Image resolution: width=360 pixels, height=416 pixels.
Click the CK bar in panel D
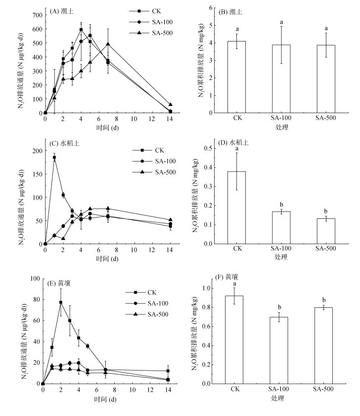[240, 208]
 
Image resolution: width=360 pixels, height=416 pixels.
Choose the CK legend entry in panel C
[152, 150]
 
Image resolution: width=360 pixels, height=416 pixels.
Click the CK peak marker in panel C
[54, 158]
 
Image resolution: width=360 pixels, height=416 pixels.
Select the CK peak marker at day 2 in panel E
[61, 302]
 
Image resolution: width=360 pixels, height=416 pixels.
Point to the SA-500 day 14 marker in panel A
[171, 105]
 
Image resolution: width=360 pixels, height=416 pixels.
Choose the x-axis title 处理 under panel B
[281, 127]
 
